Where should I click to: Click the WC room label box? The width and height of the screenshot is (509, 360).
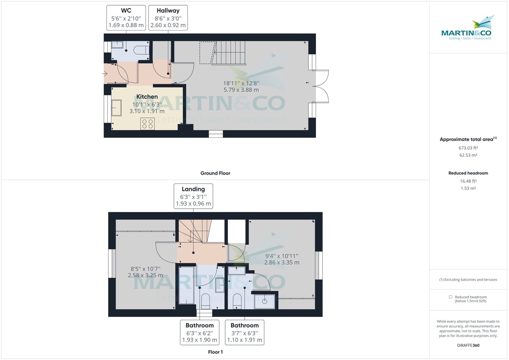pos(126,18)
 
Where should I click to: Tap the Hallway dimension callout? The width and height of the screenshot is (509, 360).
pos(168,18)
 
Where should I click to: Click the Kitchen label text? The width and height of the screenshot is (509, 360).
pos(147,97)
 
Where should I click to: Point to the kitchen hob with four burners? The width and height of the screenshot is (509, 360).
pos(148,123)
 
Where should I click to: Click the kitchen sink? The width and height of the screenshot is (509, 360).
pos(116,107)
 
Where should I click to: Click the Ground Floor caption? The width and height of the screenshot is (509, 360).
pos(215,173)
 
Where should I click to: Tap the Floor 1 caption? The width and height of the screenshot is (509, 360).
pos(215,352)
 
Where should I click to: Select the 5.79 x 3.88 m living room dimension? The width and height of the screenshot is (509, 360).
pos(241,90)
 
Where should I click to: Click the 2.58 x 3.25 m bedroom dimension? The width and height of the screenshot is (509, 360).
pos(145,275)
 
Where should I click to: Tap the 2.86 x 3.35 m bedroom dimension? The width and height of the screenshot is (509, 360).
pos(282,262)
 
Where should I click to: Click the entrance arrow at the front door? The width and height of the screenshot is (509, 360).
pos(105,74)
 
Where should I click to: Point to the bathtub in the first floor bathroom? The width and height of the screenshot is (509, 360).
pos(187,285)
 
